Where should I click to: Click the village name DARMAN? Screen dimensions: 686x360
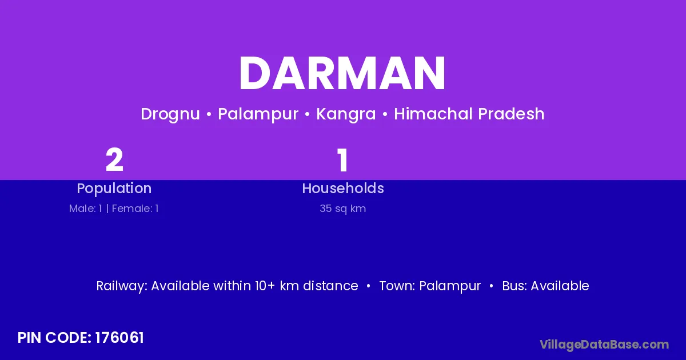(x=342, y=73)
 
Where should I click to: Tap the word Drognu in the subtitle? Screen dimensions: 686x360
(x=170, y=114)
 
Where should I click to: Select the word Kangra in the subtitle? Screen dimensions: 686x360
(x=346, y=114)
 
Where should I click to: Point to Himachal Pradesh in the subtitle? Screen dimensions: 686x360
(x=469, y=114)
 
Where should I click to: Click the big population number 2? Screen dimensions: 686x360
(x=114, y=159)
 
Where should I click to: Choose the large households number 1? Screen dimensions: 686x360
(x=342, y=159)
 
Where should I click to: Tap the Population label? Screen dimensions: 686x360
(x=114, y=189)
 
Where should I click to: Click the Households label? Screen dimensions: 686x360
(x=342, y=188)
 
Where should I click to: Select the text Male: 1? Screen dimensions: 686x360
(x=85, y=209)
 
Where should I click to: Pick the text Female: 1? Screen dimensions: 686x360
(x=135, y=209)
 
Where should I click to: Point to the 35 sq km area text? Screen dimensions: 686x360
(x=342, y=209)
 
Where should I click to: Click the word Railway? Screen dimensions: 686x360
(x=122, y=286)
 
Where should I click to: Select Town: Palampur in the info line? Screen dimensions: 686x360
(x=430, y=286)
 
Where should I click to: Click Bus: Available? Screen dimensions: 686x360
(x=545, y=286)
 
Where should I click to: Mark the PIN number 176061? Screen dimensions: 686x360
(x=119, y=338)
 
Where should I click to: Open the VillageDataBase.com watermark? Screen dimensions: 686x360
(x=604, y=345)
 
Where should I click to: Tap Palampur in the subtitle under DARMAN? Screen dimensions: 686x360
(x=258, y=114)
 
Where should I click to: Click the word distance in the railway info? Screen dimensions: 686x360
(x=330, y=286)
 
